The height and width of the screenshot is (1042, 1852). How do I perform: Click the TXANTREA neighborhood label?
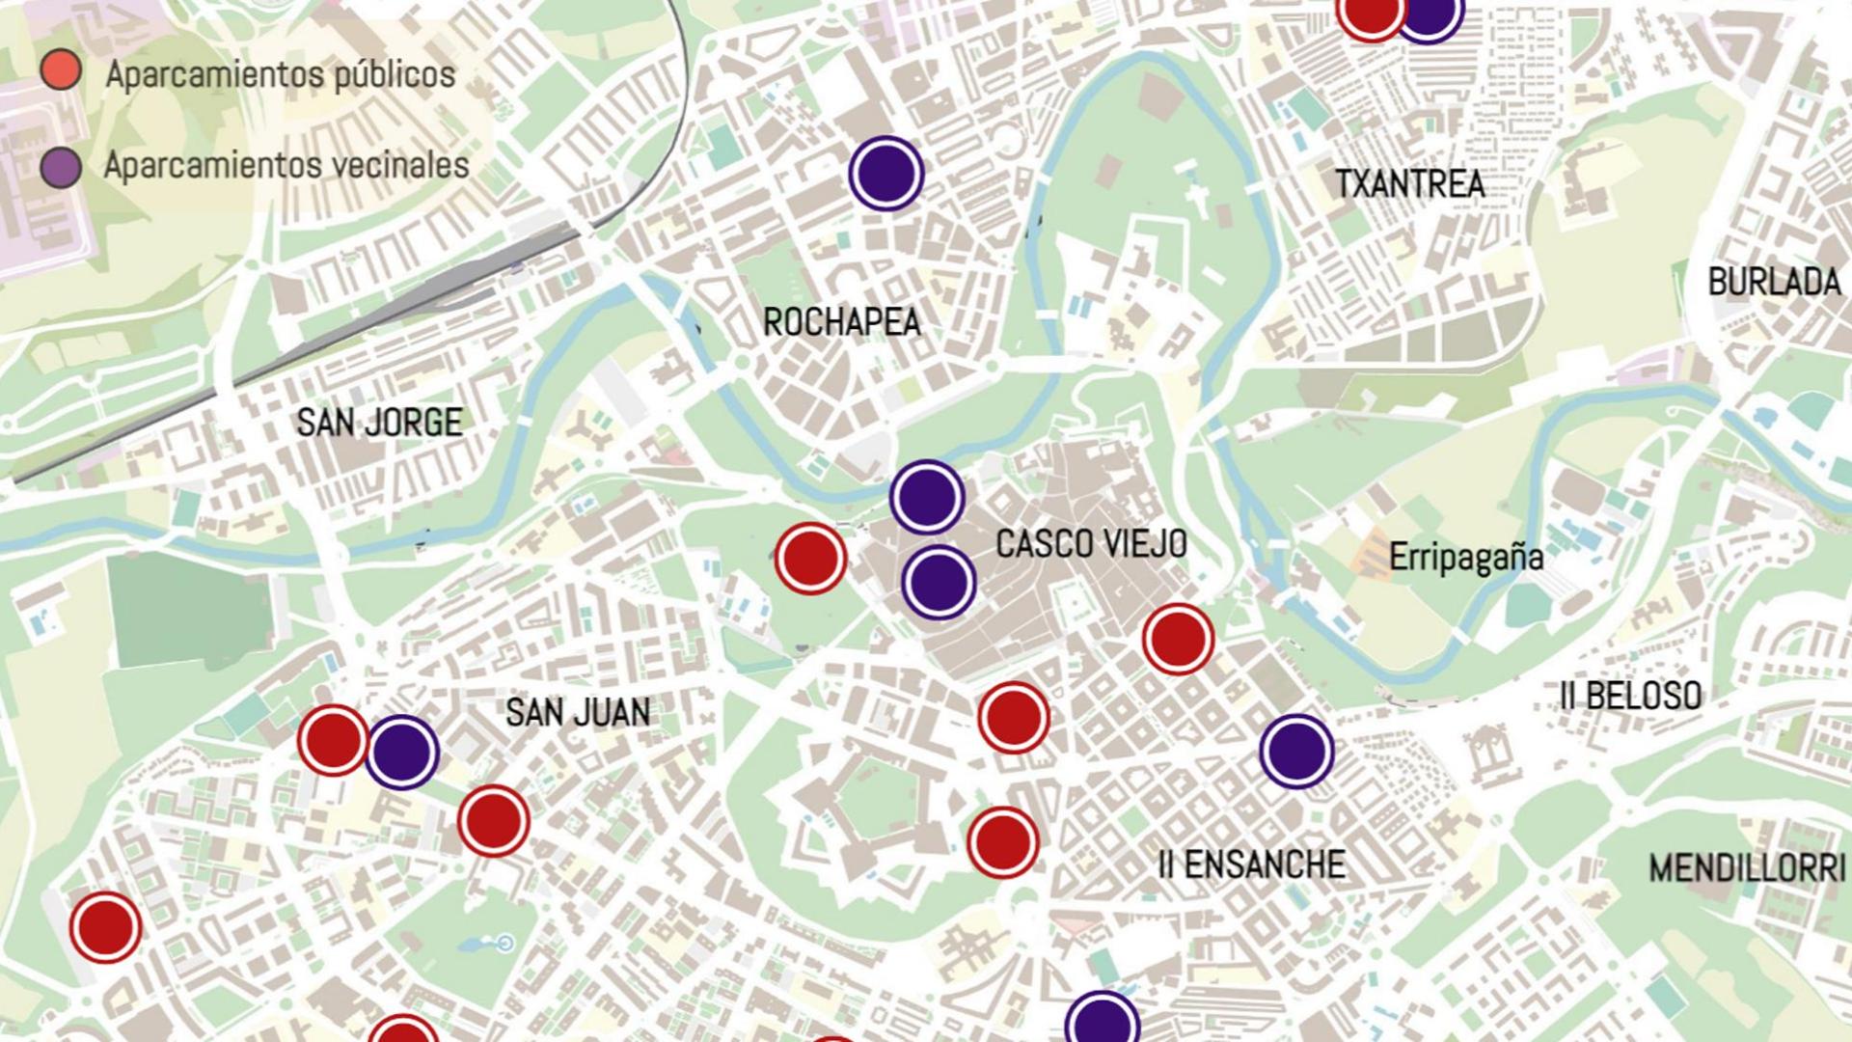tap(1409, 183)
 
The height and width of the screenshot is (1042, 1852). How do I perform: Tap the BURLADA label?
tap(1774, 282)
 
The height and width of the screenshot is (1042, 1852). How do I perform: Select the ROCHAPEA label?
tap(841, 322)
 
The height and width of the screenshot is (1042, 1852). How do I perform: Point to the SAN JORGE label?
tap(379, 423)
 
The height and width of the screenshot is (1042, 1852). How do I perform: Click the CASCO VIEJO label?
tap(1091, 544)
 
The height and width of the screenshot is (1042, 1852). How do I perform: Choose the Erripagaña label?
tap(1465, 557)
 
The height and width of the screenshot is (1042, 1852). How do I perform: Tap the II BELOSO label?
tap(1630, 696)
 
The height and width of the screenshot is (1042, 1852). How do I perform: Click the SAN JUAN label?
tap(578, 713)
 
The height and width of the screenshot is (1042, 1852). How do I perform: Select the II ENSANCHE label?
tap(1251, 864)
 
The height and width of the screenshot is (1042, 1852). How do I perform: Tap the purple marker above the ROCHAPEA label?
tap(886, 174)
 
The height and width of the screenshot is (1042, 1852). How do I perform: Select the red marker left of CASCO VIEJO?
tap(810, 559)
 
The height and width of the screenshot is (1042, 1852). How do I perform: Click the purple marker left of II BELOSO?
tap(1296, 752)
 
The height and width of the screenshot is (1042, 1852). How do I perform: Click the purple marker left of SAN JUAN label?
tap(402, 753)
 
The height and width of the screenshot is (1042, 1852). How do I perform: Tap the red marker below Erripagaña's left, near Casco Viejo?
tap(1178, 639)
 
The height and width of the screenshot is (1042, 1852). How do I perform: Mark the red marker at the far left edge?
tap(106, 927)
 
